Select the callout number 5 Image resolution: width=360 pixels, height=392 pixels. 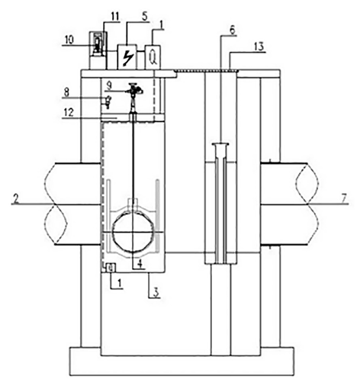click(x=144, y=17)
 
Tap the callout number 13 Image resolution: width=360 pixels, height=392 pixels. click(x=259, y=47)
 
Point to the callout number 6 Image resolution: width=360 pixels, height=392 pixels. click(x=233, y=31)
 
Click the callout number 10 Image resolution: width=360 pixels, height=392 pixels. click(x=69, y=40)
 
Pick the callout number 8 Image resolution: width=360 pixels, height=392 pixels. click(x=66, y=92)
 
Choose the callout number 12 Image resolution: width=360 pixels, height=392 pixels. click(x=69, y=112)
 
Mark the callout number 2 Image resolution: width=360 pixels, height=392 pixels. click(x=16, y=198)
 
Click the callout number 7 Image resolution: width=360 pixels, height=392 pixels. click(x=344, y=198)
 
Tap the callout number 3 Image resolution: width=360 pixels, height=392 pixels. click(x=156, y=292)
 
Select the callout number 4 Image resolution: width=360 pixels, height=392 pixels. click(x=140, y=264)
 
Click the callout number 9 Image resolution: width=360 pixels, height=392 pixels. click(x=109, y=85)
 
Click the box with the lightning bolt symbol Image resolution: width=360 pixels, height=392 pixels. click(x=127, y=57)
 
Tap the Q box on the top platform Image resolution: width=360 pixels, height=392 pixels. click(x=153, y=57)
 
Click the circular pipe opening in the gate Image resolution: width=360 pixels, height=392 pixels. click(x=133, y=232)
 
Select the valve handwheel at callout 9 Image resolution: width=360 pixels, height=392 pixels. click(x=133, y=88)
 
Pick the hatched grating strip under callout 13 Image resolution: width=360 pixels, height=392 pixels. click(x=207, y=70)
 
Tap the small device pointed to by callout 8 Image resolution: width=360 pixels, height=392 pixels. click(x=108, y=101)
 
